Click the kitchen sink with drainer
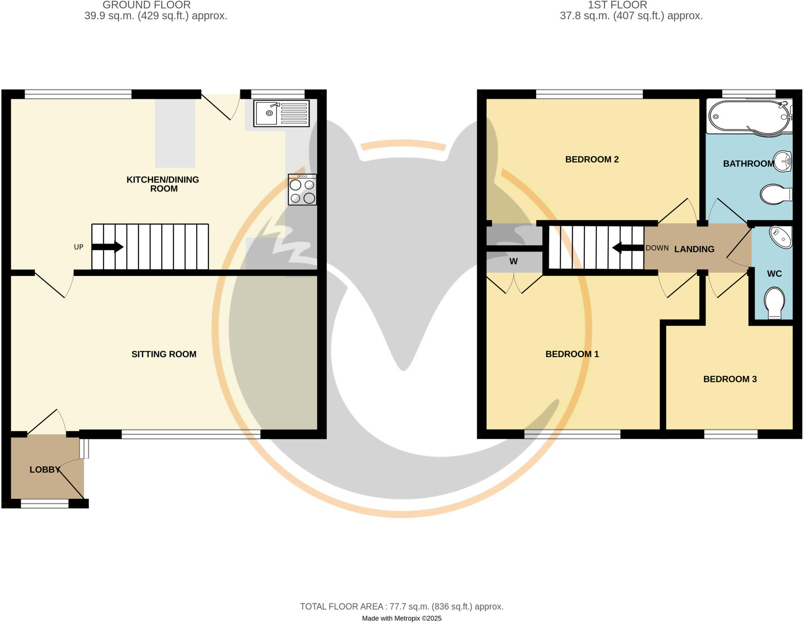pyautogui.click(x=281, y=113)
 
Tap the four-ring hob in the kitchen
pyautogui.click(x=302, y=190)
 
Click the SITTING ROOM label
pyautogui.click(x=164, y=354)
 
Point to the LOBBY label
pyautogui.click(x=45, y=470)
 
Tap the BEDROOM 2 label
pyautogui.click(x=592, y=160)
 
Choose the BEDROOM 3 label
pyautogui.click(x=730, y=379)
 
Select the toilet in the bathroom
pyautogui.click(x=776, y=194)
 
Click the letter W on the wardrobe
pyautogui.click(x=513, y=262)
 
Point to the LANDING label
pyautogui.click(x=694, y=249)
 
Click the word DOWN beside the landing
pyautogui.click(x=657, y=248)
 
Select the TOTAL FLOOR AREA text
pyautogui.click(x=401, y=607)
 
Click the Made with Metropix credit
pyautogui.click(x=401, y=619)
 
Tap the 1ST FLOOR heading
pyautogui.click(x=617, y=5)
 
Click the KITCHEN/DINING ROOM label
pyautogui.click(x=163, y=184)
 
